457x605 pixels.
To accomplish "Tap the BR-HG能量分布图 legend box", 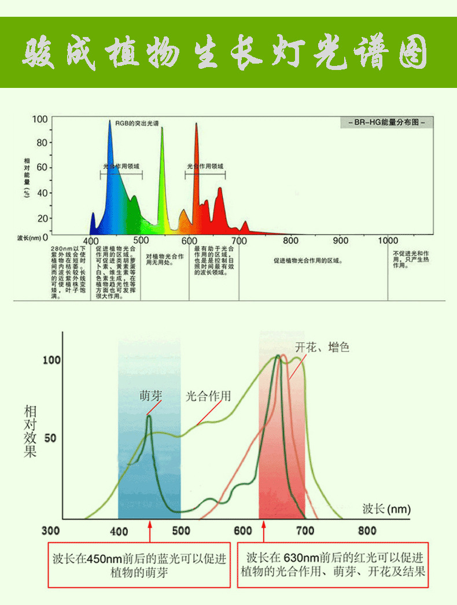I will click(386, 123).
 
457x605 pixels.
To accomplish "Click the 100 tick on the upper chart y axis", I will click(40, 119).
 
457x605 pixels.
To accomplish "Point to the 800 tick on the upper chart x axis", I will click(290, 241).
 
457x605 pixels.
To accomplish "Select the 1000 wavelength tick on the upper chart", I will click(388, 241).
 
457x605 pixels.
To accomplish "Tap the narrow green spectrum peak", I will click(162, 130).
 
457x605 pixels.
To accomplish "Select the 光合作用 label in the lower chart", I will click(208, 396).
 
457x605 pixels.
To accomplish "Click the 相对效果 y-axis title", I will click(30, 431).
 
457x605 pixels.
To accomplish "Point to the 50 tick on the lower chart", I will click(50, 437).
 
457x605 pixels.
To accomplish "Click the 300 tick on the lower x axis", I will click(51, 530).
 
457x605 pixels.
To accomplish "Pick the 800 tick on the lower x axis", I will click(367, 530).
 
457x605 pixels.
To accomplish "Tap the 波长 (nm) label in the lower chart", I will click(386, 508).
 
